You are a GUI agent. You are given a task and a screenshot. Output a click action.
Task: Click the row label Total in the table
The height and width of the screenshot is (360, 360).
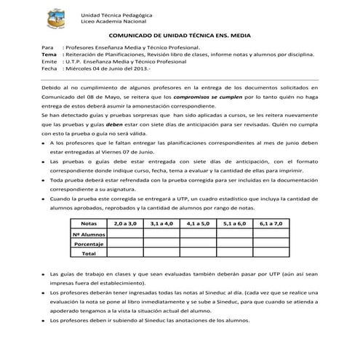89,254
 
